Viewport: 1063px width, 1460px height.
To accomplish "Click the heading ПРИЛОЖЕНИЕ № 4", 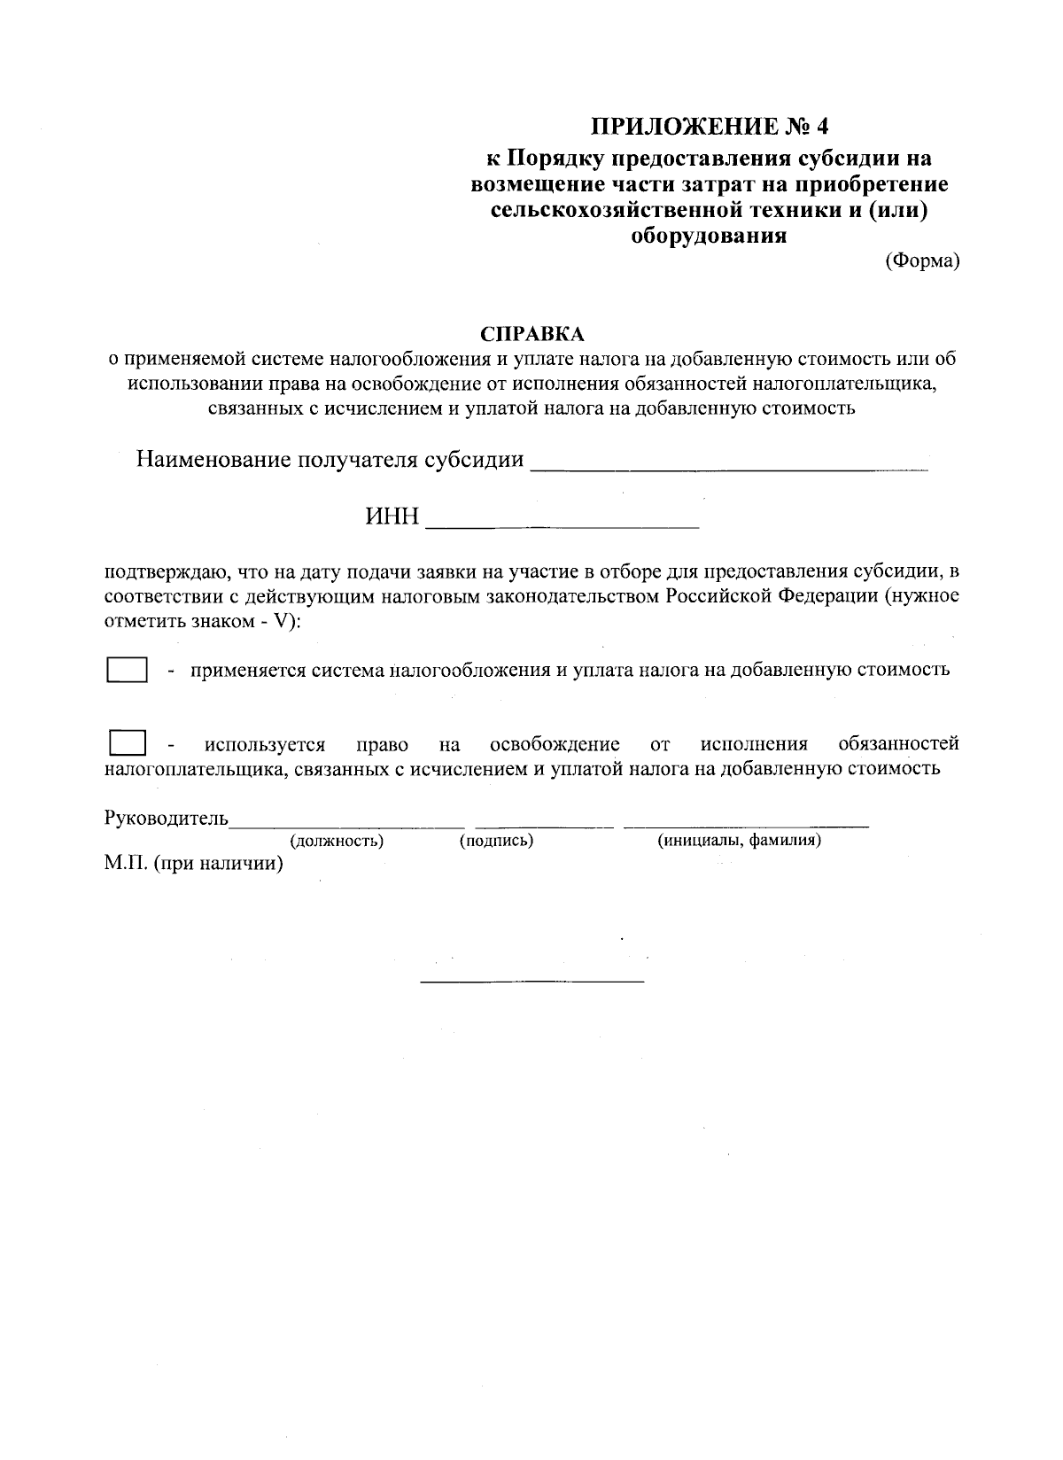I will click(x=708, y=126).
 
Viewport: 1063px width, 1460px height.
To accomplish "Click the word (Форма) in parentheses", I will click(x=922, y=261).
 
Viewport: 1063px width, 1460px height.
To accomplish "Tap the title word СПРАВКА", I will click(x=532, y=334).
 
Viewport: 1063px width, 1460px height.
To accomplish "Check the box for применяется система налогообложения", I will click(x=127, y=670).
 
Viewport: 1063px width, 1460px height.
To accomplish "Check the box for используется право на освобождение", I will click(x=128, y=742).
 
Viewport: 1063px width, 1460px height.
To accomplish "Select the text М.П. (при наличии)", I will click(x=193, y=864).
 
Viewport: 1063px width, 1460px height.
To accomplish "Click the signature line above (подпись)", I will click(x=544, y=827).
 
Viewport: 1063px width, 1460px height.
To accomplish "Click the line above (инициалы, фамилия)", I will click(x=746, y=827).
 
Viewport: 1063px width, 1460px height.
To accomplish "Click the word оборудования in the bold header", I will click(x=708, y=236).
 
